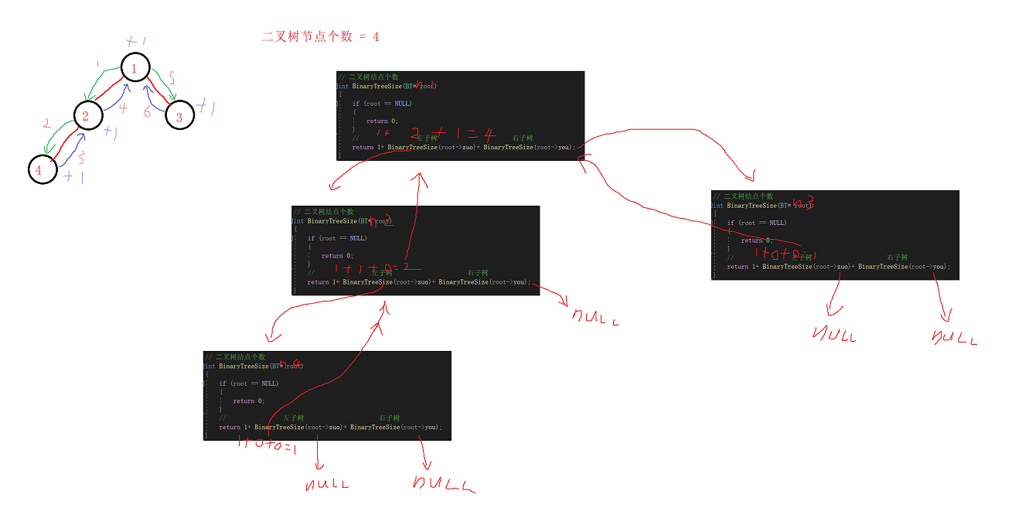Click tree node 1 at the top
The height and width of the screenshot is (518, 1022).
(135, 69)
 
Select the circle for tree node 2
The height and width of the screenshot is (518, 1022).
(87, 116)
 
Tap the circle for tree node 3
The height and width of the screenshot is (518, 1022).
(179, 116)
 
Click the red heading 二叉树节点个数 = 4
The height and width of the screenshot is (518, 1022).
(320, 36)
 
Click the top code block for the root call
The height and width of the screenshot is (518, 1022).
(460, 115)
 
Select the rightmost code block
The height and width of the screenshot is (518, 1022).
(834, 234)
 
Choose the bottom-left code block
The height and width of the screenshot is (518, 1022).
(326, 395)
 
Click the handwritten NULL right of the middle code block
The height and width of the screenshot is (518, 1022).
(594, 316)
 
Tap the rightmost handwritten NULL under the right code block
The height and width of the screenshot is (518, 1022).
(954, 337)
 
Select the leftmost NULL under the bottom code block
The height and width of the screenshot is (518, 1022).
(327, 485)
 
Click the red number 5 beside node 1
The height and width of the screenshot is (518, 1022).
(172, 79)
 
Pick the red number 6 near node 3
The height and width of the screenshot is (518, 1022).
(147, 111)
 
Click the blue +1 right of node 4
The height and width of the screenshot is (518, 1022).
(73, 177)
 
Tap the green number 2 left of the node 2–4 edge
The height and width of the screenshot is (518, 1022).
(47, 124)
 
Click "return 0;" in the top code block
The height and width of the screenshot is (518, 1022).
(382, 121)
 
